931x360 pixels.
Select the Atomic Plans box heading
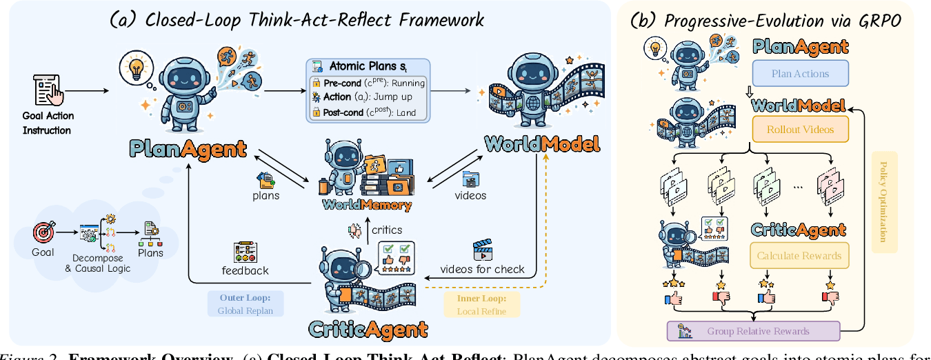point(368,68)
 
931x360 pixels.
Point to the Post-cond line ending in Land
point(370,112)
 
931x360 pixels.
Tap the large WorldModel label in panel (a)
point(542,144)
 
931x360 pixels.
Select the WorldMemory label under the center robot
point(367,205)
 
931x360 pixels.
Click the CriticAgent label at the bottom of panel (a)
point(368,329)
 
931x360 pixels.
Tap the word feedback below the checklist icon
point(245,270)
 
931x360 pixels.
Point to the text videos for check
point(482,269)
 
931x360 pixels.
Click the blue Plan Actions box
point(800,74)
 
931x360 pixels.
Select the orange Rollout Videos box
point(800,129)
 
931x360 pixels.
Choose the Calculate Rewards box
point(799,255)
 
